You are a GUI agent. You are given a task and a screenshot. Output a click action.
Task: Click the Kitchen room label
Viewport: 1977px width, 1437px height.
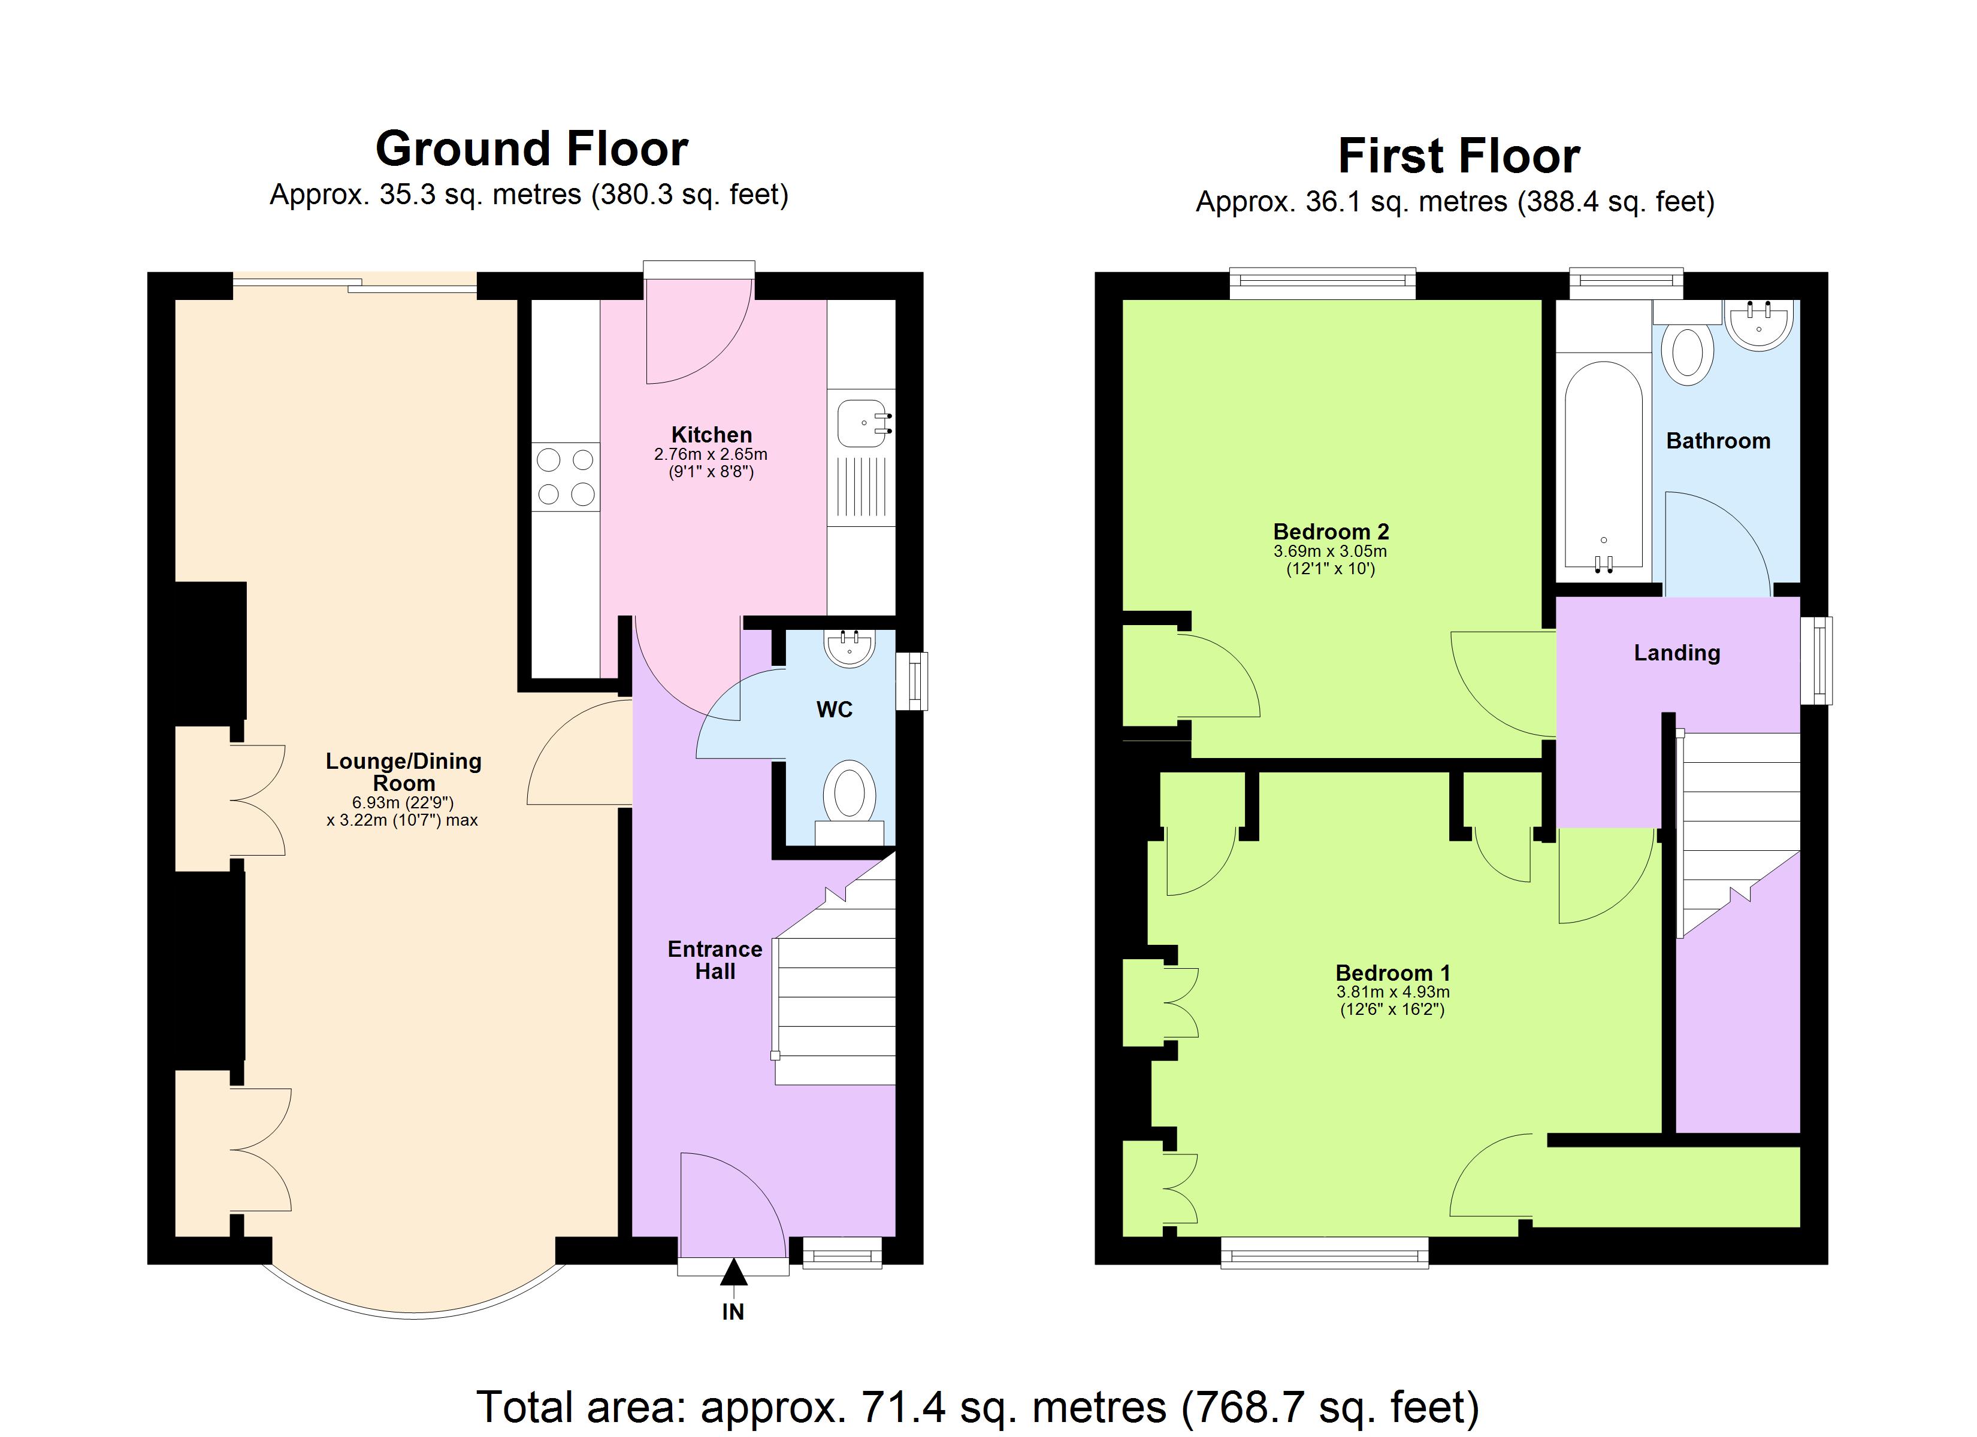coord(711,435)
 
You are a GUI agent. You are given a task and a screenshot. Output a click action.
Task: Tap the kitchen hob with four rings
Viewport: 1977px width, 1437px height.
coord(566,476)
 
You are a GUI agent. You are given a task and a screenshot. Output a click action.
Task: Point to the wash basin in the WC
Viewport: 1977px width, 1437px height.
coord(849,648)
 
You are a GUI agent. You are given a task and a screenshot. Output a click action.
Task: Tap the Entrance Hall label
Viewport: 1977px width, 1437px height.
coord(715,959)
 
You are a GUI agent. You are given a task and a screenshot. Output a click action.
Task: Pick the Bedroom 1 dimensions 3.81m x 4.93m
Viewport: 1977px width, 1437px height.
coord(1392,992)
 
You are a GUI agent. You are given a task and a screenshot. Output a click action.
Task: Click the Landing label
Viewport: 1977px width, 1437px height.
coord(1676,653)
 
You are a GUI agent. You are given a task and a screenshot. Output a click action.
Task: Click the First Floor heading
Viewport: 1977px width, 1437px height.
coord(1458,157)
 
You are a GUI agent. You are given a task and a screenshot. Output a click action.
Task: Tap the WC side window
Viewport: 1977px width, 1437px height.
coord(912,681)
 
